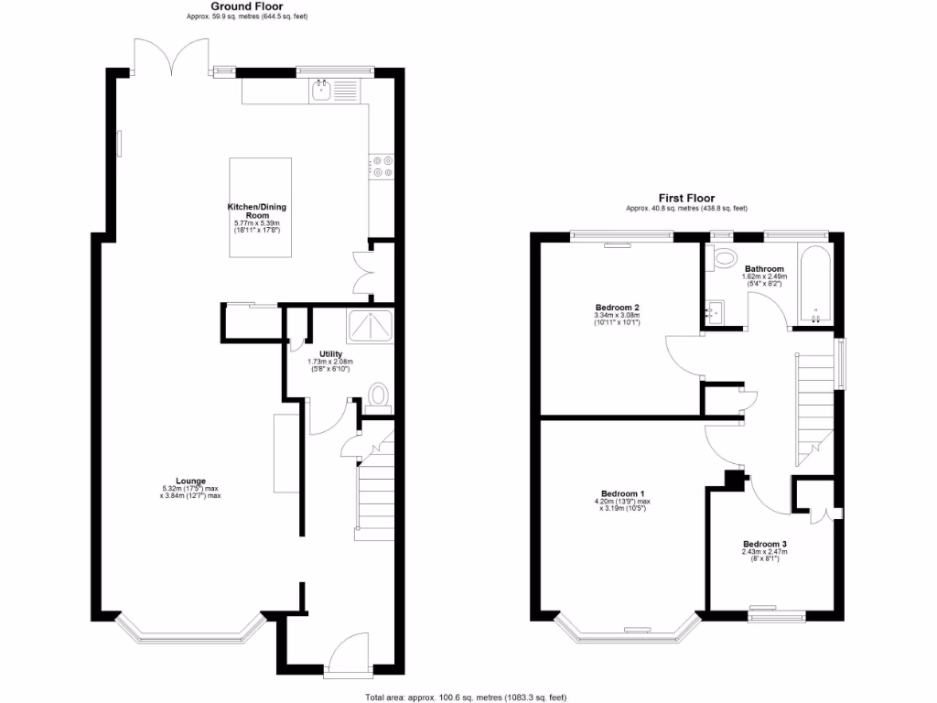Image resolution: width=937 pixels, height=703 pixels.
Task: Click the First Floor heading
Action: (686, 197)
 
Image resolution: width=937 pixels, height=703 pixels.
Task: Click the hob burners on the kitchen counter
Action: (382, 166)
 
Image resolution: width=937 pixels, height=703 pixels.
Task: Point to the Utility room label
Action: (330, 354)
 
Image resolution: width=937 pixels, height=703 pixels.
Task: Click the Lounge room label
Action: (191, 481)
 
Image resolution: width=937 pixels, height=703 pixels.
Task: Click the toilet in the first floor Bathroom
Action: (727, 257)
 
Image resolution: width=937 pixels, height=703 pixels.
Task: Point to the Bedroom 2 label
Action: (617, 308)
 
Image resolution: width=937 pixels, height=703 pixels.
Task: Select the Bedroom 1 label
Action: (622, 493)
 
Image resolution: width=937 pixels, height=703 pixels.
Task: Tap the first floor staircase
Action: (817, 403)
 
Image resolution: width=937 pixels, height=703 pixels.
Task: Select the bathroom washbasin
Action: (716, 313)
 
